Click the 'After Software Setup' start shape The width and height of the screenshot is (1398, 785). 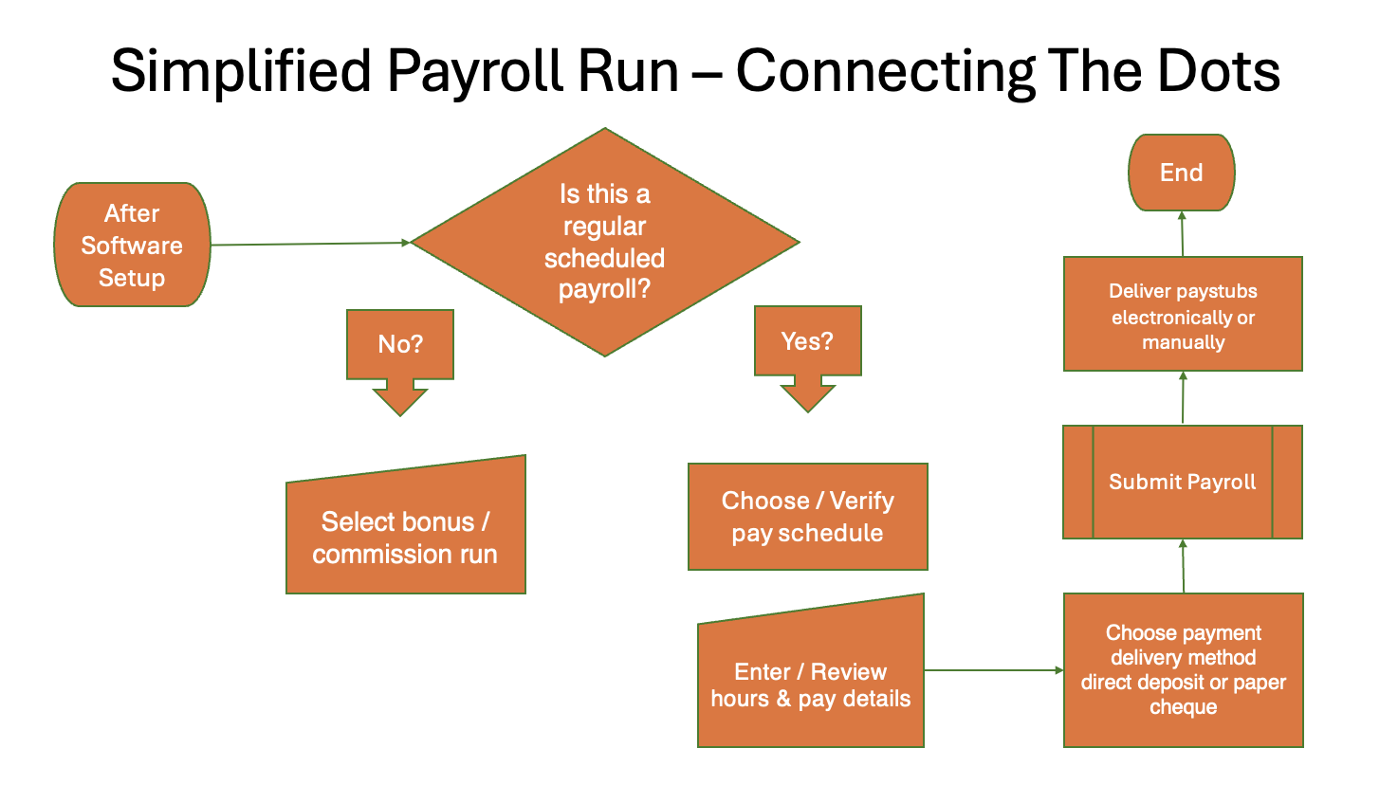tap(132, 245)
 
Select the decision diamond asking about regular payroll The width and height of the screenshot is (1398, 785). tap(604, 242)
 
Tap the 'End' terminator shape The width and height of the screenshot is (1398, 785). tap(1181, 173)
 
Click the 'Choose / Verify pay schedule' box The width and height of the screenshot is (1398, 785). tap(807, 517)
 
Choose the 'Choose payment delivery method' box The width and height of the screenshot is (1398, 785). tap(1183, 669)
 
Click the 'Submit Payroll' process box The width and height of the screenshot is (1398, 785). tap(1182, 482)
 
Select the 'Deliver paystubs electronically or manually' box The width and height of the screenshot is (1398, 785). tap(1183, 315)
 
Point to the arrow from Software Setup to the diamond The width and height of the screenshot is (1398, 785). tap(310, 244)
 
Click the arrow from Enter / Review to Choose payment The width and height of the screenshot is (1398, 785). tap(993, 670)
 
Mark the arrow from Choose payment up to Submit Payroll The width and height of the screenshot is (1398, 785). tap(1183, 566)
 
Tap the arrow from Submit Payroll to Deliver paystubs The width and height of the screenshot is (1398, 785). tap(1183, 398)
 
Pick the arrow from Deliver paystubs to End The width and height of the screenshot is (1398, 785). tap(1183, 233)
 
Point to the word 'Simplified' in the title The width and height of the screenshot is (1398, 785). tap(241, 72)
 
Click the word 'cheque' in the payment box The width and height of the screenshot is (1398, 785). tap(1183, 707)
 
